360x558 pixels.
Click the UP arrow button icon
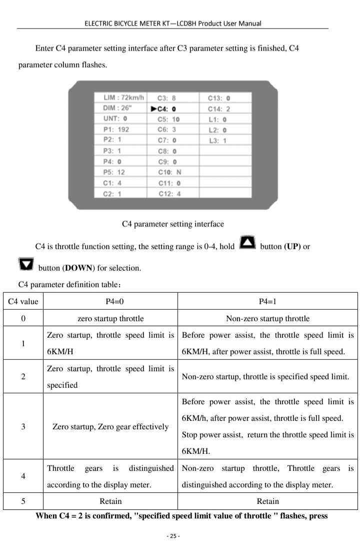point(248,244)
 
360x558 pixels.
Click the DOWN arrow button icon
point(26,264)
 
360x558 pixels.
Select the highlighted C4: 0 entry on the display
point(164,109)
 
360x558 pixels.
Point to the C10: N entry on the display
point(169,172)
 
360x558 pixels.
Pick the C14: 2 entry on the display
point(219,109)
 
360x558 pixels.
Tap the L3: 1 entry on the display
point(217,141)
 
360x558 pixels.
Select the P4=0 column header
point(110,301)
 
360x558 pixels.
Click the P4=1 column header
point(267,301)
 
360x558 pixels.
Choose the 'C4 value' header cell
point(23,301)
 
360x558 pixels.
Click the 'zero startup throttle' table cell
point(110,318)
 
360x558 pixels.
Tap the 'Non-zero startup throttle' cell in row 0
point(267,318)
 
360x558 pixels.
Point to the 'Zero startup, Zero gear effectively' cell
point(110,427)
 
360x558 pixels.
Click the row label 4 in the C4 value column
point(23,476)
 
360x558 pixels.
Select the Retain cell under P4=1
point(267,501)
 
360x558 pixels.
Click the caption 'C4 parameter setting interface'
point(173,224)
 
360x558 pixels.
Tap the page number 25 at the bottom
point(173,536)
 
